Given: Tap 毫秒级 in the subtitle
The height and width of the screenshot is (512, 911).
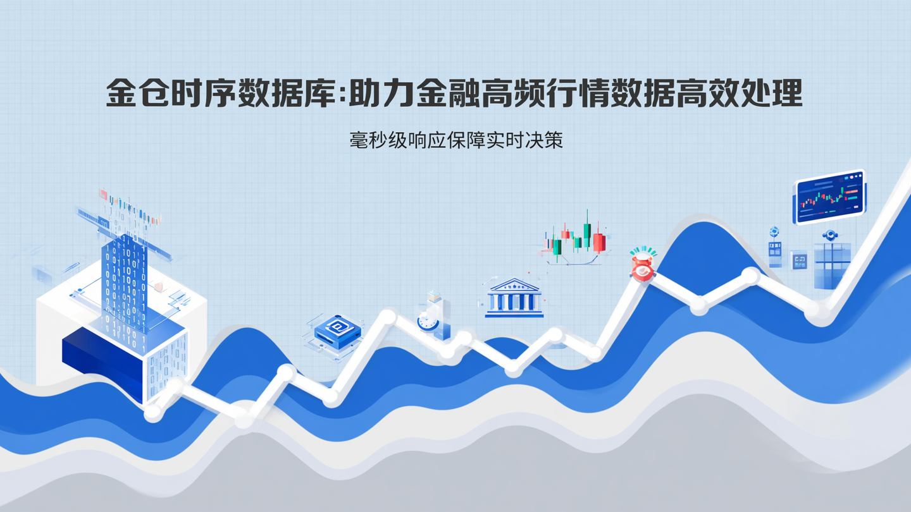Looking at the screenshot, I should pyautogui.click(x=377, y=140).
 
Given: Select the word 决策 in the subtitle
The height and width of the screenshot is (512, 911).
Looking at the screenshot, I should pyautogui.click(x=545, y=140).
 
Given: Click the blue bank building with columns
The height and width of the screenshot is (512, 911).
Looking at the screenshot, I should pyautogui.click(x=514, y=298).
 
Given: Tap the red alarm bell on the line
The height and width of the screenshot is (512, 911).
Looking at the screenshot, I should pyautogui.click(x=642, y=265).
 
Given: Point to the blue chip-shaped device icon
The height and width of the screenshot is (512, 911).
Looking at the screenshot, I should pyautogui.click(x=337, y=329).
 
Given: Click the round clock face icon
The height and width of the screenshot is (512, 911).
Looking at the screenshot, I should pyautogui.click(x=428, y=322).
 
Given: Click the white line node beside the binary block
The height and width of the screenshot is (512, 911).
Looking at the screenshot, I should pyautogui.click(x=153, y=413).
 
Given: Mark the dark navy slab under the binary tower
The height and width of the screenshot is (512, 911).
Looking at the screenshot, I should pyautogui.click(x=101, y=357).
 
